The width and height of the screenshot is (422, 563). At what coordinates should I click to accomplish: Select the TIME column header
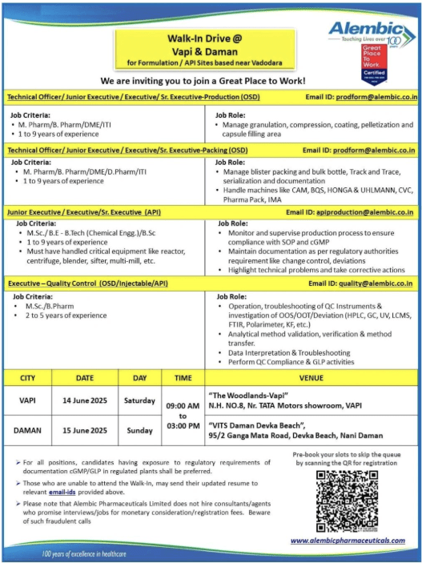coord(183,376)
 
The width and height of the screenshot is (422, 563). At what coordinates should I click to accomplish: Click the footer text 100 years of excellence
coord(86,553)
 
